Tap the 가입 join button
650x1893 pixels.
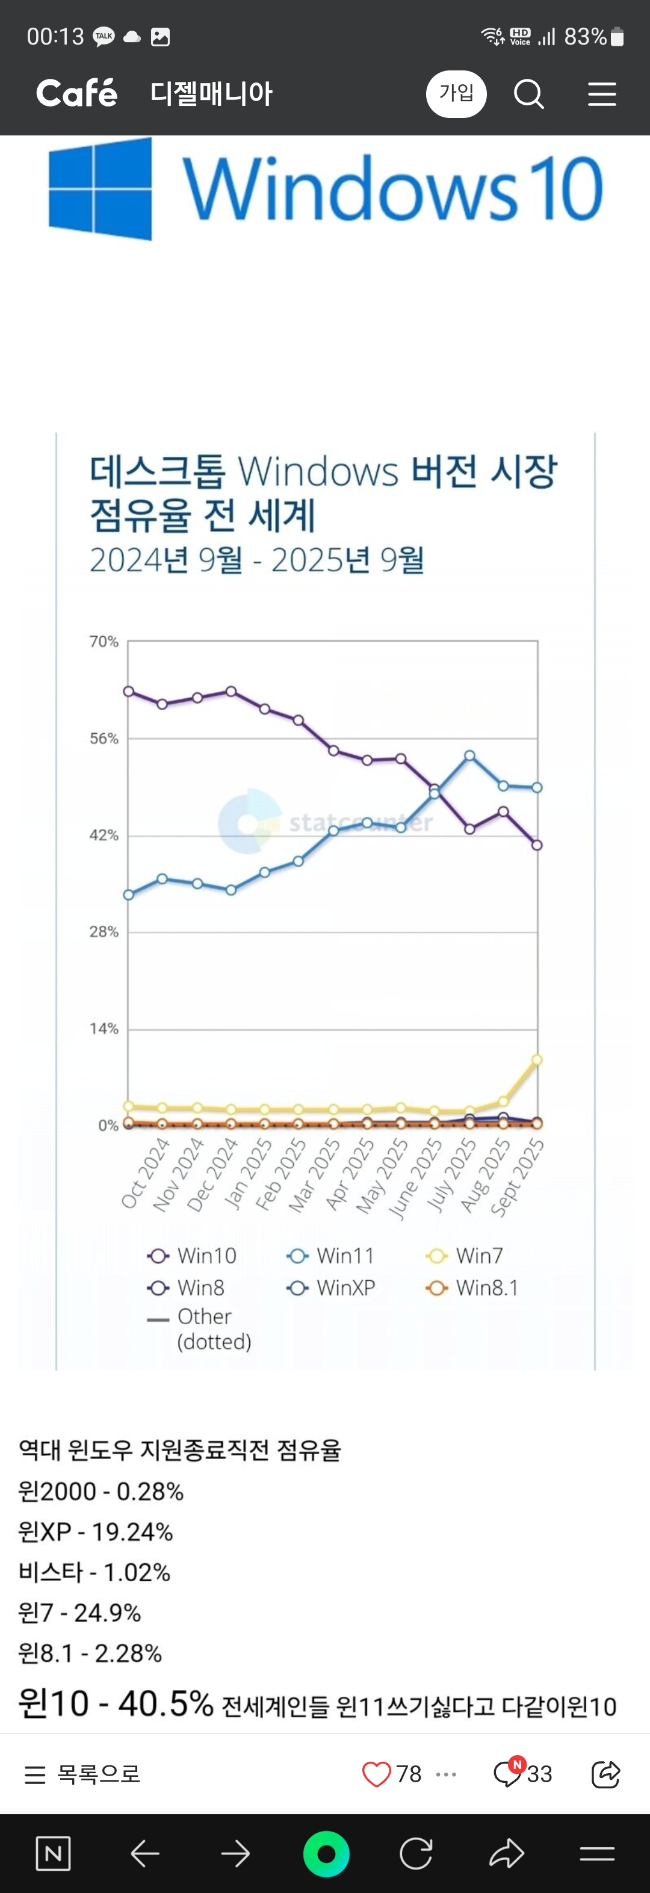coord(456,94)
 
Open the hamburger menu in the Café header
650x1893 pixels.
coord(601,94)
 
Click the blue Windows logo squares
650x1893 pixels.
coord(101,190)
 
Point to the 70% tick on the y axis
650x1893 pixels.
coord(104,642)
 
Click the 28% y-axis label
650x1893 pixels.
coord(104,932)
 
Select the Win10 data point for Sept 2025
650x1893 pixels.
coord(537,845)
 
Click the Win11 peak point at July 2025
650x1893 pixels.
coord(469,755)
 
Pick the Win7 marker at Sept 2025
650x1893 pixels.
coord(537,1060)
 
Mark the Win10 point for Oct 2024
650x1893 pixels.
coord(129,692)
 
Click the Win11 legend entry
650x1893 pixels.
coord(330,1256)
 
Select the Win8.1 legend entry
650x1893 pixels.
coord(473,1288)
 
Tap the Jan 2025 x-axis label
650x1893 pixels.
coord(248,1174)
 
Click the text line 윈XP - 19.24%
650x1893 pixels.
coord(96,1531)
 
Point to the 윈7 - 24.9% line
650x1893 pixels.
coord(79,1613)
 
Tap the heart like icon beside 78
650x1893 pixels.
coord(377,1774)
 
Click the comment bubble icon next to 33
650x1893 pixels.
coord(507,1774)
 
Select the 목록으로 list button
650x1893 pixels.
coord(82,1774)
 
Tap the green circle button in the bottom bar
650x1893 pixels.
coord(326,1854)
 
